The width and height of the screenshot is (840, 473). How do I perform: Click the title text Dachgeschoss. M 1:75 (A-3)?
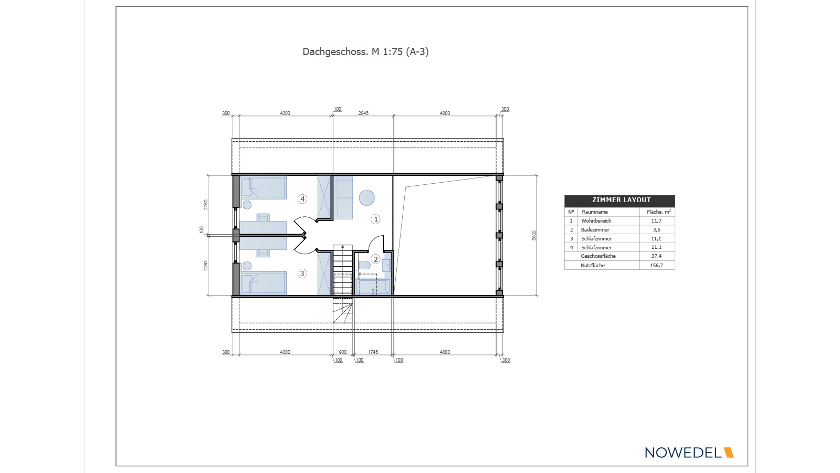click(365, 52)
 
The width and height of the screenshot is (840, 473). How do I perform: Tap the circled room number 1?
click(375, 219)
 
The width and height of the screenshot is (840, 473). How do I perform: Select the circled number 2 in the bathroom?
click(375, 259)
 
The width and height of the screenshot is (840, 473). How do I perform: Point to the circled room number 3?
click(302, 274)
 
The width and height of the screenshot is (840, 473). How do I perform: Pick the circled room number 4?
click(302, 199)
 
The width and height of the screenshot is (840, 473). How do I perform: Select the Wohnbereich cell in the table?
click(596, 221)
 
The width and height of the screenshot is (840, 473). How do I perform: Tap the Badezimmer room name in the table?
click(595, 230)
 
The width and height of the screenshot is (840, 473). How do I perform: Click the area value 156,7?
click(656, 266)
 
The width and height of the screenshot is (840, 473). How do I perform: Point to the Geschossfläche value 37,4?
click(656, 256)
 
